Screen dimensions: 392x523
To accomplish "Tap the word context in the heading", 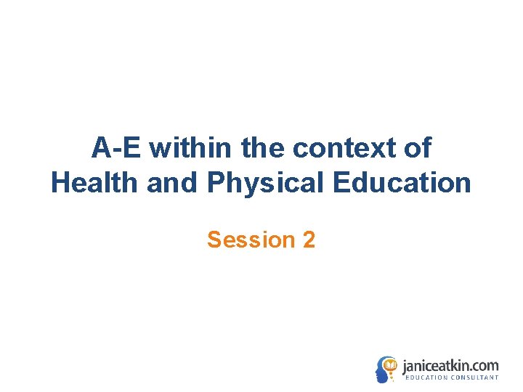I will pos(341,148).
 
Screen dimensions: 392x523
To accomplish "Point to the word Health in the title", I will pos(94,183).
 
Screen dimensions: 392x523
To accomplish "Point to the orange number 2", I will pos(309,240).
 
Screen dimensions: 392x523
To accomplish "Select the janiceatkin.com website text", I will pos(450,365).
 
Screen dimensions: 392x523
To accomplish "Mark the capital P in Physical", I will pos(215,183).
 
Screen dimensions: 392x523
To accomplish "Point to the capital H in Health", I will pos(60,183).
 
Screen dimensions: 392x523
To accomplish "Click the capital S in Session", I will pos(214,240).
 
